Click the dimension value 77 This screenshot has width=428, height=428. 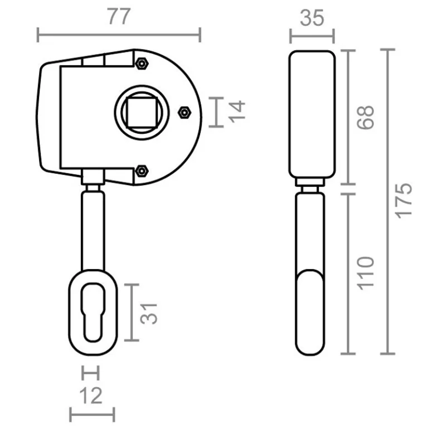point(119,16)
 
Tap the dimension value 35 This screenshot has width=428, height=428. point(312,18)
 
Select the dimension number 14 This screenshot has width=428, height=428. point(237,111)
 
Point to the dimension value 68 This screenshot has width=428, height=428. point(365,117)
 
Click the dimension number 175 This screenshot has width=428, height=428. point(404,201)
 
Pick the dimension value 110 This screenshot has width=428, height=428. point(365,273)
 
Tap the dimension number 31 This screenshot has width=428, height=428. point(149,314)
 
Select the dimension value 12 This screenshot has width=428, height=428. point(91,395)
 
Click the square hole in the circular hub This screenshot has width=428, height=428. point(142,112)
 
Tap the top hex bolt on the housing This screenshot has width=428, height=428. point(142,64)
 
